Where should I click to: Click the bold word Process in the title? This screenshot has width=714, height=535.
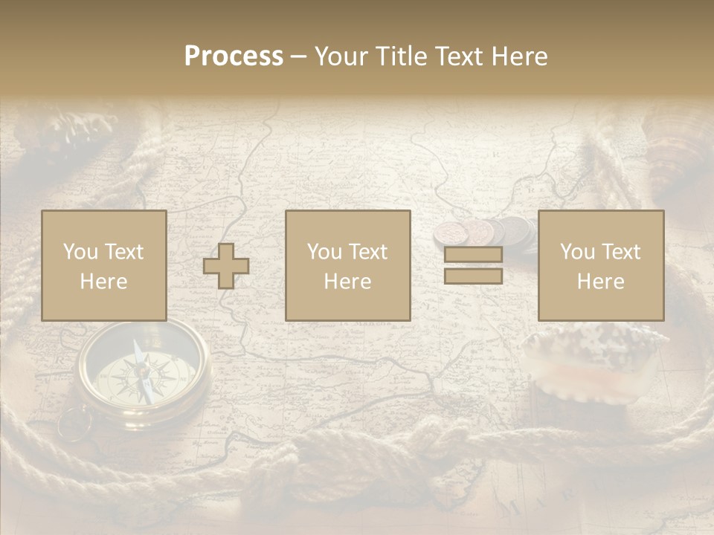[234, 56]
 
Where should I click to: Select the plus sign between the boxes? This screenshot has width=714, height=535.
[226, 266]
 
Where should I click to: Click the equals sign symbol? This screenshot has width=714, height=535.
[473, 265]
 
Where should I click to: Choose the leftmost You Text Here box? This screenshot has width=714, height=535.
[104, 265]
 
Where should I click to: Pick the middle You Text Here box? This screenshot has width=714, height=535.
[348, 265]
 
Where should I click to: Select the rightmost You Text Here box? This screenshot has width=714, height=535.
[601, 265]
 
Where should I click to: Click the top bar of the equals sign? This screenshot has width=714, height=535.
[473, 254]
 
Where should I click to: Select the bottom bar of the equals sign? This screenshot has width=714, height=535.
[473, 276]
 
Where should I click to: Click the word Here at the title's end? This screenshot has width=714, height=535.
[518, 56]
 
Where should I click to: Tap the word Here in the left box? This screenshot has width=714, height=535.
[104, 282]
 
